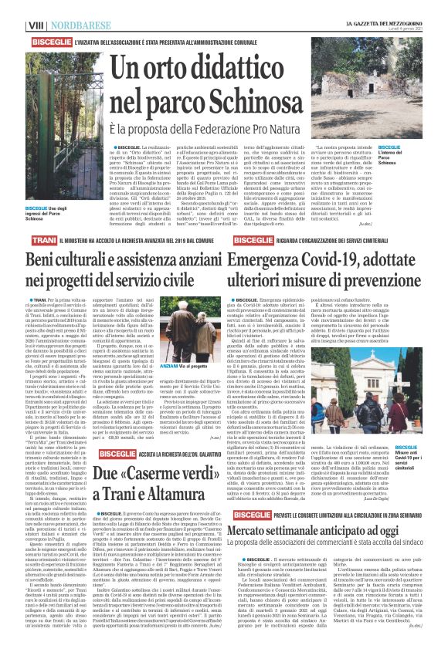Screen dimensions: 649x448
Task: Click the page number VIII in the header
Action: [12, 6]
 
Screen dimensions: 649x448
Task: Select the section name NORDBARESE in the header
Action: [52, 6]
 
